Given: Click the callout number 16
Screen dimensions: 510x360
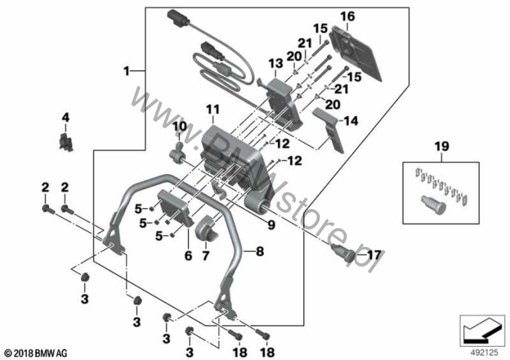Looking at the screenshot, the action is coord(348,16).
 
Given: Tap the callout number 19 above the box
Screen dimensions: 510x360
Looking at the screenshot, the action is coord(442,146).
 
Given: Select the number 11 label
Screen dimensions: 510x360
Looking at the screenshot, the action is coord(213,109).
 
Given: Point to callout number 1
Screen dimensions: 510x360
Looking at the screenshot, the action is coord(126,71).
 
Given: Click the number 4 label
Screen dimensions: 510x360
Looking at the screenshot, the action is coord(65,118).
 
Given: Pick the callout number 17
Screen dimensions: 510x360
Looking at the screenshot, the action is coord(373,255).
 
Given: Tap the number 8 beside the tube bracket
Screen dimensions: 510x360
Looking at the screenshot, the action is coord(260,251).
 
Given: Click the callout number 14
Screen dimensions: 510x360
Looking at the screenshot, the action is coord(351,121).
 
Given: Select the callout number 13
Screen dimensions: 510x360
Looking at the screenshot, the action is coord(276,64).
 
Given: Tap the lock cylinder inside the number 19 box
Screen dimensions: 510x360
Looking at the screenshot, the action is coord(433,205).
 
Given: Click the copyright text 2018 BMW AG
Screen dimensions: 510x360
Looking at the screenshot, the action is coord(36,353).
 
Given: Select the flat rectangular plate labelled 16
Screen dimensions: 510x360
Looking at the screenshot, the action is coord(356,53).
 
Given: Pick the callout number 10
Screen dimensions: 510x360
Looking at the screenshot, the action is coord(180,126).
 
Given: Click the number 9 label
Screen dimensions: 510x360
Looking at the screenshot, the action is coord(271,225).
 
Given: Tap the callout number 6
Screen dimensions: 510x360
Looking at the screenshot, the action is coord(188,256).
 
